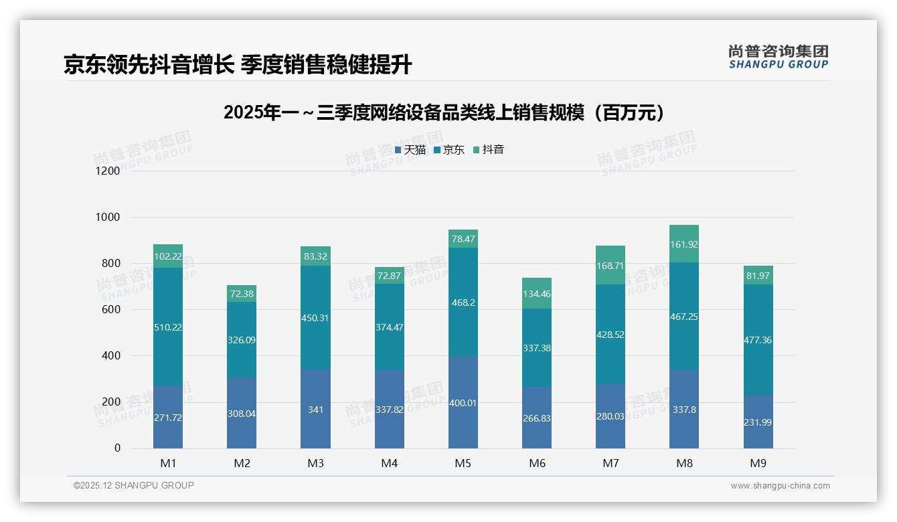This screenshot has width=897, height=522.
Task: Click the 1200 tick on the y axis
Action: coord(108,171)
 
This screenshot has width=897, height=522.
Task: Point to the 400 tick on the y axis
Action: coord(110,356)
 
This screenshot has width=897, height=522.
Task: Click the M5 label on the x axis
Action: coord(463,463)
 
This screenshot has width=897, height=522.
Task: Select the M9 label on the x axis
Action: coord(758,463)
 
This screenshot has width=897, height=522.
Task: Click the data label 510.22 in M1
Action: coord(168,327)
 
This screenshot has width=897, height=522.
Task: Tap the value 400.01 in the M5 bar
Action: coord(463,403)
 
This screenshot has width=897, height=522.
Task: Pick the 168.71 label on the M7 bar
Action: coord(610,266)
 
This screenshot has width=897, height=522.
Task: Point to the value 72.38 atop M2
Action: coord(242,294)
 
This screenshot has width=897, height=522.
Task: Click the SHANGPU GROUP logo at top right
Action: coord(778,57)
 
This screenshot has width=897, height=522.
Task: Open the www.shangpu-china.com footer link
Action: coord(780,486)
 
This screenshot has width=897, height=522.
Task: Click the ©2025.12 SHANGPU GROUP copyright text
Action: coord(134,485)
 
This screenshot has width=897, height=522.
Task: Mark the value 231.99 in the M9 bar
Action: coord(758,422)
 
